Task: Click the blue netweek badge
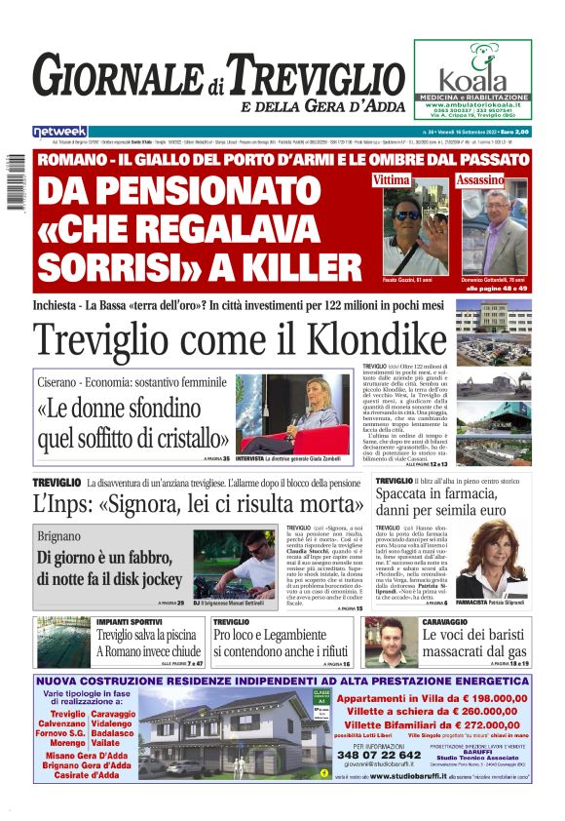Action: click(x=60, y=131)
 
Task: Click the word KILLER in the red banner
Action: click(x=277, y=264)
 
